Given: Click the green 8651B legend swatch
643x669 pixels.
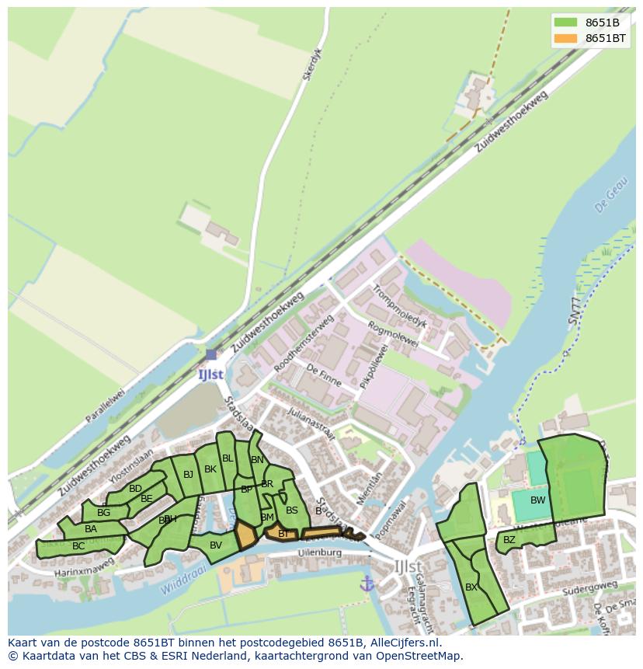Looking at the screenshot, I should [566, 23].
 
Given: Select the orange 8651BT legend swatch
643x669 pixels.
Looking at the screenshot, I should [566, 38].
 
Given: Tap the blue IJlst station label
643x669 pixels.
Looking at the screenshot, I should [210, 374].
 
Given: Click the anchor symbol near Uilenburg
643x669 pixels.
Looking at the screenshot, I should [367, 583].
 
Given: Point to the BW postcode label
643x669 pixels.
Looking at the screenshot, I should [537, 500].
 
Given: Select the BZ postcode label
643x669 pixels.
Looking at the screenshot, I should [509, 540].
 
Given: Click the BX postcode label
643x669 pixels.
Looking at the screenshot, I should [471, 587].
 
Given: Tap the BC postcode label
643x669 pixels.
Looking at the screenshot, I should [78, 546].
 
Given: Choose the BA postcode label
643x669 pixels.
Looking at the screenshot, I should [91, 529].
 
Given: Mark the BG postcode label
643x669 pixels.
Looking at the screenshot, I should [103, 513].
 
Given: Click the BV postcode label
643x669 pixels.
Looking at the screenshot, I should [216, 545].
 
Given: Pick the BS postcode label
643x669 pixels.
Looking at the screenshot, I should [291, 510].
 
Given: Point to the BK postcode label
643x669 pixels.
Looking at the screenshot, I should [210, 469].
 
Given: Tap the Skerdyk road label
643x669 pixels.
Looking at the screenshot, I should [311, 65].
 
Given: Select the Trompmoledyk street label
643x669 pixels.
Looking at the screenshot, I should [399, 303].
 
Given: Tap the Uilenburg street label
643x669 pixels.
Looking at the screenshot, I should [320, 552].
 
